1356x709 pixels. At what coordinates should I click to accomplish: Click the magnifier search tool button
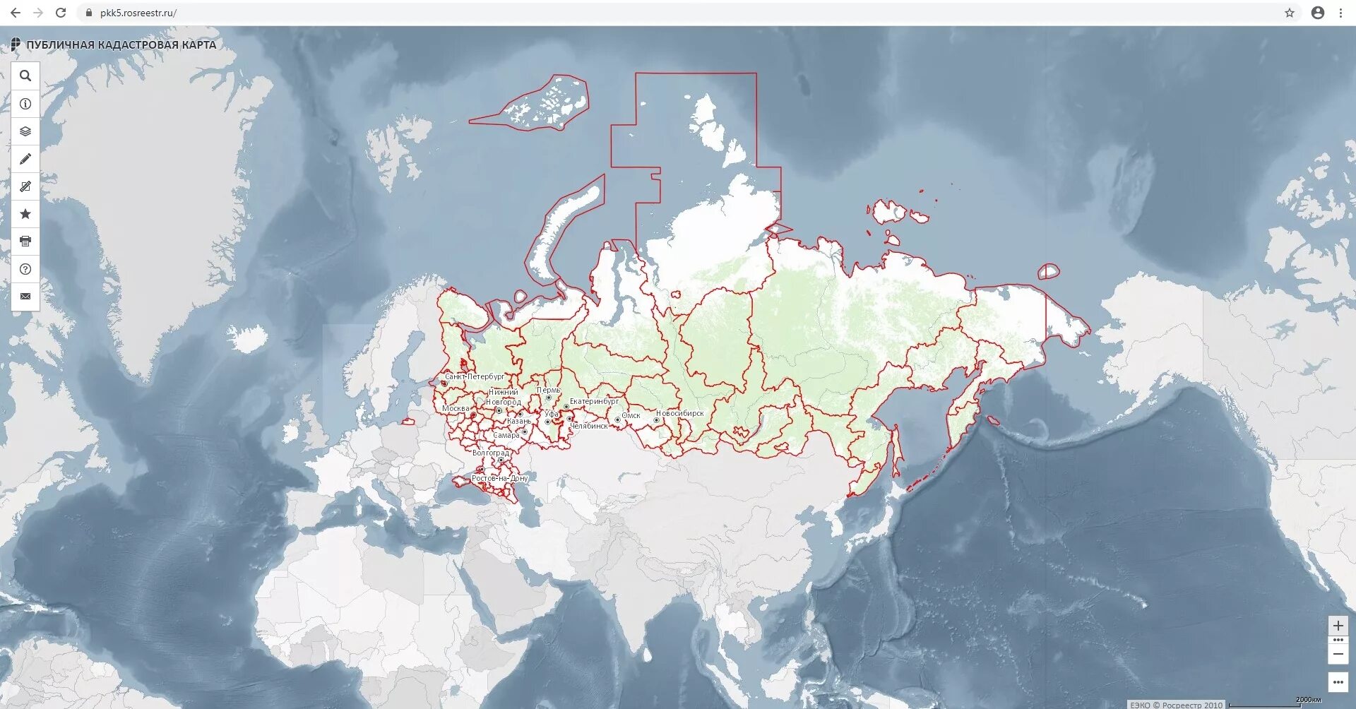point(25,76)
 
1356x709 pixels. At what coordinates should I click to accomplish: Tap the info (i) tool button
point(25,104)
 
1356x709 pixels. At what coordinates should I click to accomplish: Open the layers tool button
point(25,131)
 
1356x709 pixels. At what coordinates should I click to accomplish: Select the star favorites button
point(25,214)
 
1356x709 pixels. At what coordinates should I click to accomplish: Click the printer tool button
point(25,242)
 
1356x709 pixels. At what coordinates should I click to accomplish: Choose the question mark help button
point(25,269)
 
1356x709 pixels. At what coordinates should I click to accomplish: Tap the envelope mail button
point(25,297)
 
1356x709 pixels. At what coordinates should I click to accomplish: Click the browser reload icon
point(61,13)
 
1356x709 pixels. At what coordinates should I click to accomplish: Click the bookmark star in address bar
point(1290,13)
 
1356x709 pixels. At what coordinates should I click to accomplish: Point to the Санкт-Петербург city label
point(475,376)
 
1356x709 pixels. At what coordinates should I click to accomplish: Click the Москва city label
point(456,408)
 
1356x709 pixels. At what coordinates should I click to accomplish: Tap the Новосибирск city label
point(679,413)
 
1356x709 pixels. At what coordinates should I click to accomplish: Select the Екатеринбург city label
point(594,401)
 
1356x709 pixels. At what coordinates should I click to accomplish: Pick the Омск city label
point(631,415)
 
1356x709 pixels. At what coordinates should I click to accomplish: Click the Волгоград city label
point(490,453)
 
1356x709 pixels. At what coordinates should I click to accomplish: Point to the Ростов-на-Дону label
point(499,478)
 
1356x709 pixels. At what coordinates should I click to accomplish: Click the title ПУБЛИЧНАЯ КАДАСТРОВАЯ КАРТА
point(121,44)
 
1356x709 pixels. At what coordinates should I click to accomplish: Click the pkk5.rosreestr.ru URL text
point(138,13)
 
